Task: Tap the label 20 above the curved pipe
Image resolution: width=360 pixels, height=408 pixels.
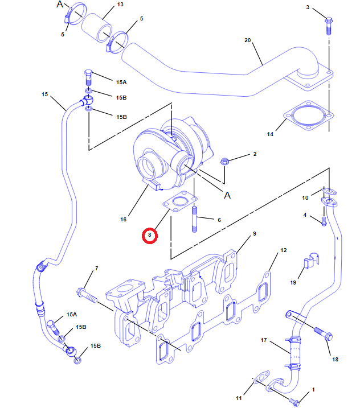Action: tap(247, 40)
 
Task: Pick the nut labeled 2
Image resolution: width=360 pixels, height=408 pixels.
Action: tap(225, 161)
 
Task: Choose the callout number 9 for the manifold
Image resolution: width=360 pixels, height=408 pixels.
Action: tap(255, 234)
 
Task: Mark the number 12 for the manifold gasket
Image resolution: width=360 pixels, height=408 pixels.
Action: tap(283, 250)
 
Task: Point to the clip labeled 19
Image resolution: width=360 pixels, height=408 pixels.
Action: tap(308, 263)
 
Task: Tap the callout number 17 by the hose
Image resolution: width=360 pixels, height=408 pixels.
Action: tap(264, 340)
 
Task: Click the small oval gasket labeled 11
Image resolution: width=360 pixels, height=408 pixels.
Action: tap(261, 377)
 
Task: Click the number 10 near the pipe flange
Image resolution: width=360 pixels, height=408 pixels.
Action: tap(305, 197)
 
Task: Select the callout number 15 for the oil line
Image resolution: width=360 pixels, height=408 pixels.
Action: tap(45, 94)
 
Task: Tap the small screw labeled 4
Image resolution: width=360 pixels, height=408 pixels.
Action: tap(324, 221)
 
